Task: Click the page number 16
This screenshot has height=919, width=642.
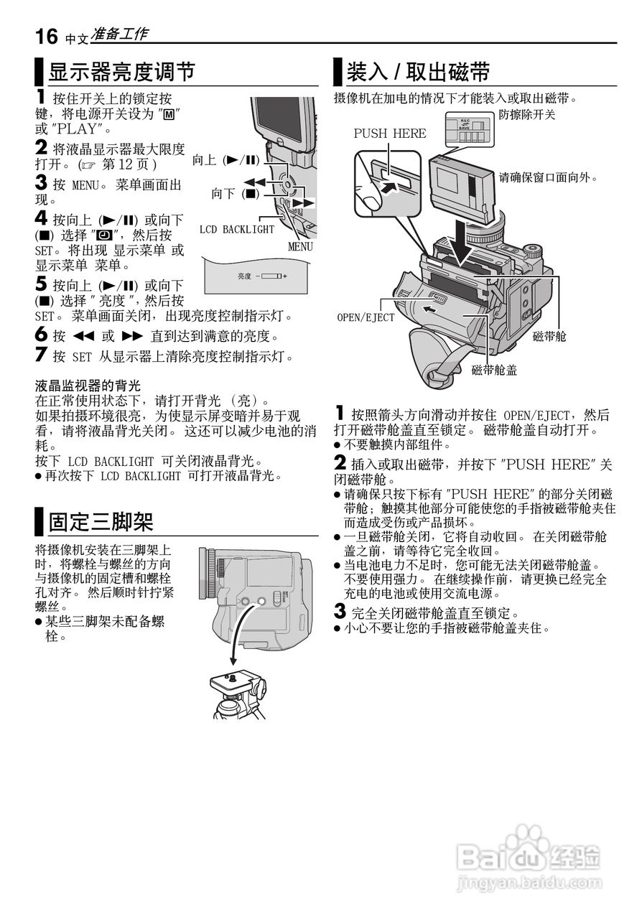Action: pyautogui.click(x=47, y=36)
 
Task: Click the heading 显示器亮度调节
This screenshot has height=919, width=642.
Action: pyautogui.click(x=121, y=73)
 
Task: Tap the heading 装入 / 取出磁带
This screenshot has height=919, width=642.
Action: pyautogui.click(x=419, y=73)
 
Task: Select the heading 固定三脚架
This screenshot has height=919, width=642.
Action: pyautogui.click(x=101, y=521)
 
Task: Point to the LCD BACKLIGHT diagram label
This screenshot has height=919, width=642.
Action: pyautogui.click(x=237, y=230)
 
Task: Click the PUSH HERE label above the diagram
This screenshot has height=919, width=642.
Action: pyautogui.click(x=390, y=133)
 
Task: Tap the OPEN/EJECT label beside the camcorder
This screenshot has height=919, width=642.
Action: pyautogui.click(x=366, y=317)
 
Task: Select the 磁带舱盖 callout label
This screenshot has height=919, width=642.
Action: pyautogui.click(x=495, y=370)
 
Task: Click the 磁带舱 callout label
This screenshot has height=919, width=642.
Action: pyautogui.click(x=549, y=335)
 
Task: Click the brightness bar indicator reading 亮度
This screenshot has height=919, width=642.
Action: pyautogui.click(x=261, y=276)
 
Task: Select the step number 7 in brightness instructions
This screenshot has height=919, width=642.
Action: pyautogui.click(x=41, y=355)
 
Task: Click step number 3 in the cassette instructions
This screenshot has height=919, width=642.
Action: pyautogui.click(x=340, y=612)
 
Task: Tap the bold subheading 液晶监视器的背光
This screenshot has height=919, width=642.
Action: pyautogui.click(x=88, y=386)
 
